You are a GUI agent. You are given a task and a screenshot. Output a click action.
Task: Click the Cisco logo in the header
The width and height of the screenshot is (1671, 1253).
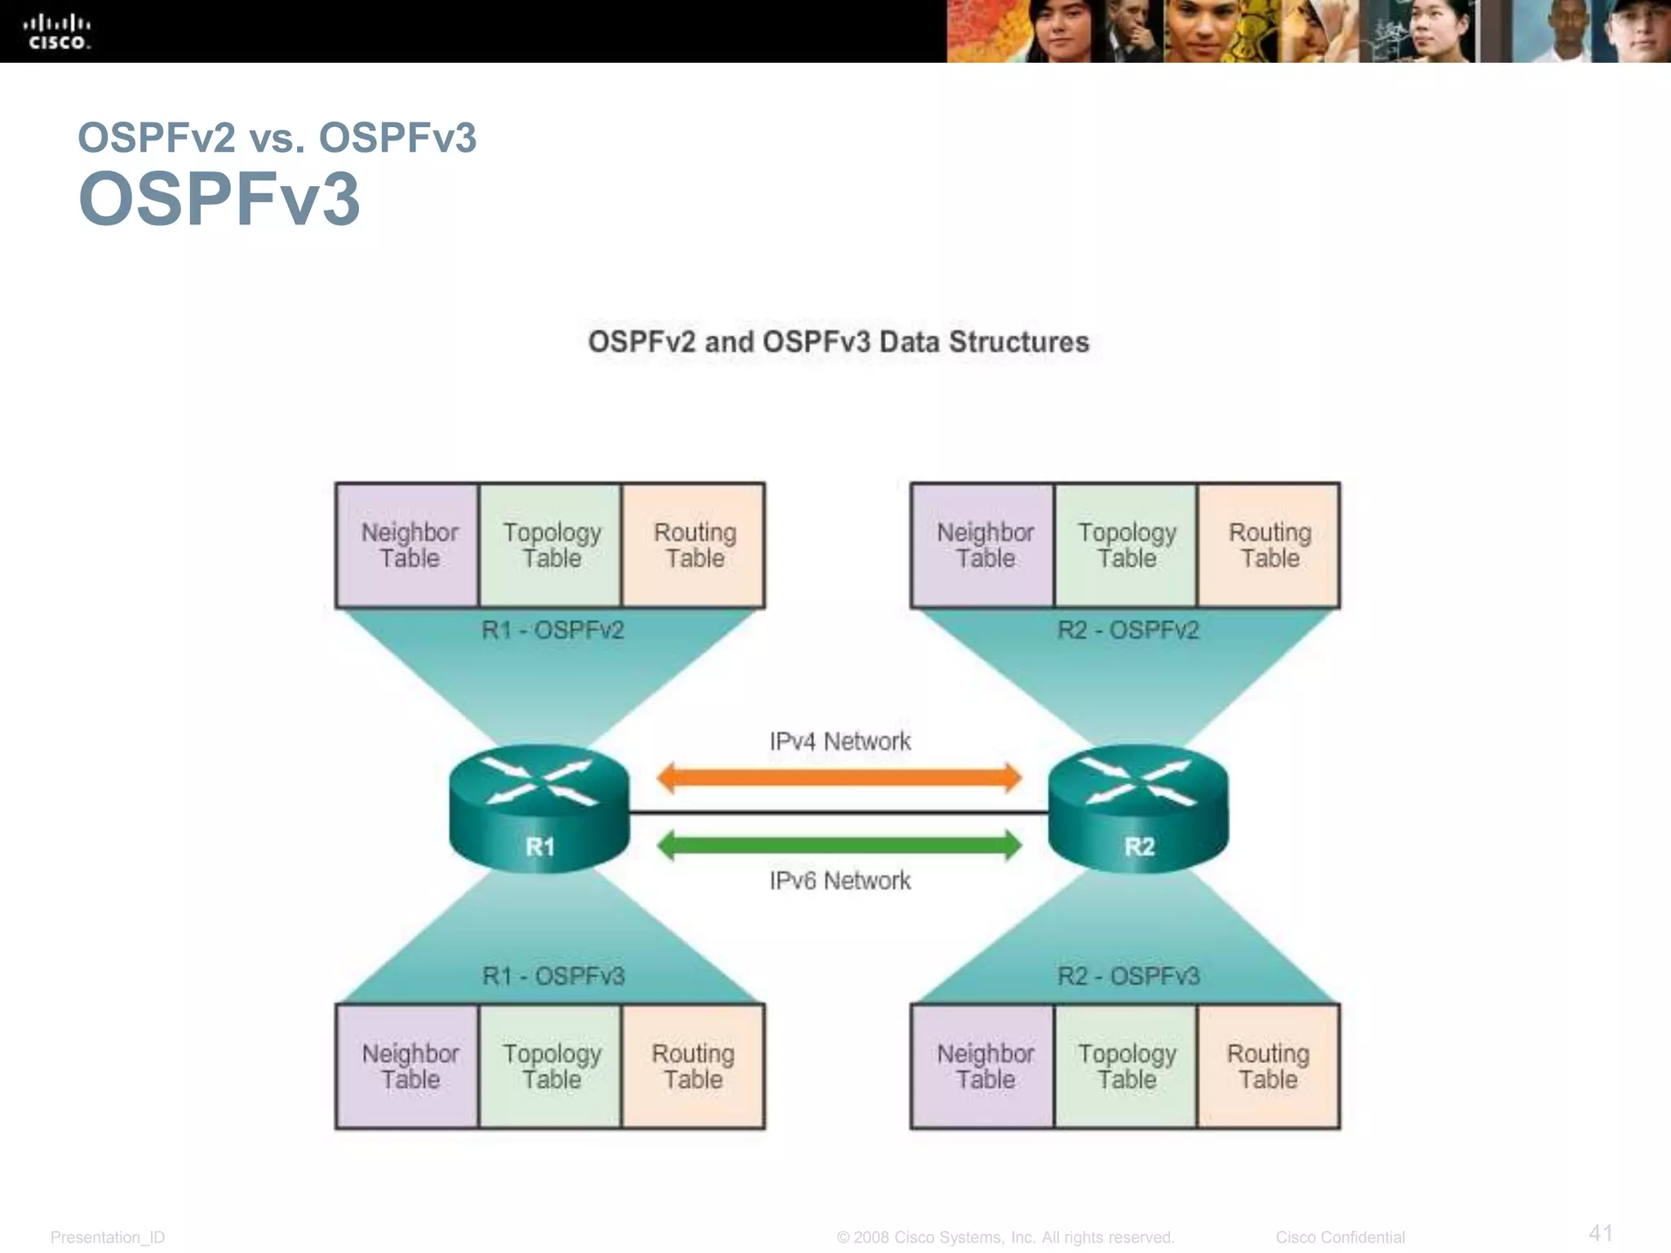point(56,32)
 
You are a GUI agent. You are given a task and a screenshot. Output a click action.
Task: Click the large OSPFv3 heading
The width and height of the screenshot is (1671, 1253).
point(219,199)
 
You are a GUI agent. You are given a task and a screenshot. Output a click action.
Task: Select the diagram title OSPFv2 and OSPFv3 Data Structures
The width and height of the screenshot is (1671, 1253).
point(838,342)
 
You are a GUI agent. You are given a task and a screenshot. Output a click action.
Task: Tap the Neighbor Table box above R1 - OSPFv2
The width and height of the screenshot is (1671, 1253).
point(408,545)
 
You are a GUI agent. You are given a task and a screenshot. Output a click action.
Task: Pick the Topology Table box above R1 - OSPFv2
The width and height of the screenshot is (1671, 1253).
point(551,545)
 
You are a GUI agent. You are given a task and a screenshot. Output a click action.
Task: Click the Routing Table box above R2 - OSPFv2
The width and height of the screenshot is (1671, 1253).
point(1269,545)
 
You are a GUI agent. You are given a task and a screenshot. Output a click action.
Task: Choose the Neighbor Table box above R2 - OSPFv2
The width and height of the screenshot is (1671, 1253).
point(983,545)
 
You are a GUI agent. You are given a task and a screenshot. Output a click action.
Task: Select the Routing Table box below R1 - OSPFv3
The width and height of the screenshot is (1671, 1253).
point(693,1066)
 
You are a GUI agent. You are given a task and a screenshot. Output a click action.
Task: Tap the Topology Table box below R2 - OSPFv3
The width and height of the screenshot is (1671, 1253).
point(1126,1066)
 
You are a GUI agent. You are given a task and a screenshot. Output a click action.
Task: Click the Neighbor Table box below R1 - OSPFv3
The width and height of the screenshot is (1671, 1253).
point(408,1066)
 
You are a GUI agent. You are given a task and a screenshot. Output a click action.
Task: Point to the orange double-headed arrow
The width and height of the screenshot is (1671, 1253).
point(839,777)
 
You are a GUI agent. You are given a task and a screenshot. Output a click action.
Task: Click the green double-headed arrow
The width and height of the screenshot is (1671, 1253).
point(839,845)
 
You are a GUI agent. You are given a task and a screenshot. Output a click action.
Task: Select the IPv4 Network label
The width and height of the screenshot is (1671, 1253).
point(840,742)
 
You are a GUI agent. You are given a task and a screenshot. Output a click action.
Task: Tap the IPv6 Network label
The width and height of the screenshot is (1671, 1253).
point(840,881)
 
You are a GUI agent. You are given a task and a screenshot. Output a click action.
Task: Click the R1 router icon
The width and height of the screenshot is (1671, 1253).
point(539,808)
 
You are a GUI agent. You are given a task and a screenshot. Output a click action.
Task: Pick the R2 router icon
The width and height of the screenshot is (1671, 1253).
point(1138,808)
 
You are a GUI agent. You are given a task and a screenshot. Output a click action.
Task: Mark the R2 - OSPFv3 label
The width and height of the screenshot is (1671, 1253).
point(1128,976)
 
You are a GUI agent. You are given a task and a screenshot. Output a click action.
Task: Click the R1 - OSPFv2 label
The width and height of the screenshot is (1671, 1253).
point(552,630)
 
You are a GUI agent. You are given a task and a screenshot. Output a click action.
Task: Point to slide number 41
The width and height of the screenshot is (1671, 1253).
point(1600,1233)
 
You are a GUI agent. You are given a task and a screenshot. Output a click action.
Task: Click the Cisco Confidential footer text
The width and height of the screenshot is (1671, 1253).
point(1340,1238)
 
